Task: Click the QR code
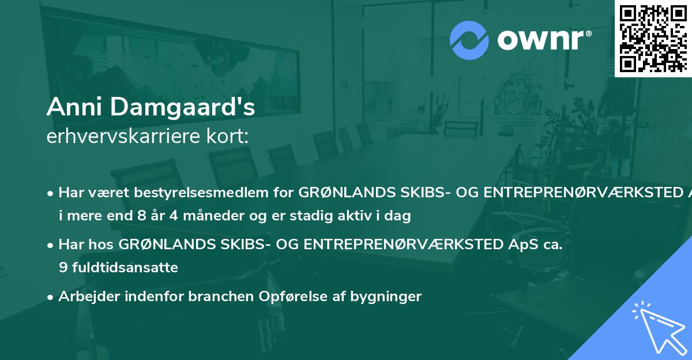click(653, 38)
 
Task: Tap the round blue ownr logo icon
click(469, 40)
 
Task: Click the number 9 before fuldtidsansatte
click(62, 268)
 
